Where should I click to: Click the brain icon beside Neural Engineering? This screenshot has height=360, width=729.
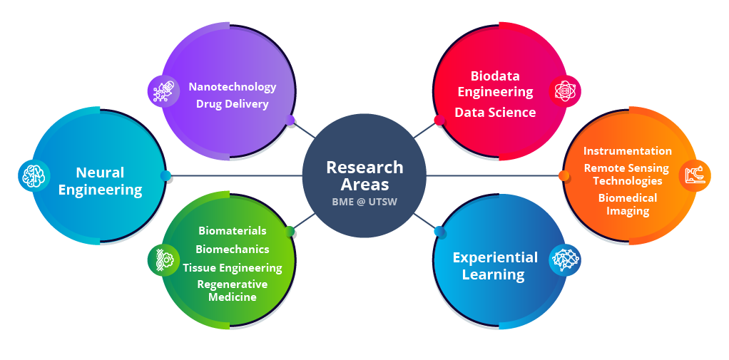click(34, 175)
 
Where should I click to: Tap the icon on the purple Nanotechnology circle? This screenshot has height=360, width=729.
click(163, 91)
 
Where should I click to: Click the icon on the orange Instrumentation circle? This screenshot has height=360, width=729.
click(694, 175)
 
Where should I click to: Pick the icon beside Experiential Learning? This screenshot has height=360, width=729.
click(564, 260)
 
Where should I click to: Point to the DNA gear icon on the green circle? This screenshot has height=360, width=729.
click(163, 260)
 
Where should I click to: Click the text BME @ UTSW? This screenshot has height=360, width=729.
click(364, 202)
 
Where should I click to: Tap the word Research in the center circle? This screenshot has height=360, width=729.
click(364, 168)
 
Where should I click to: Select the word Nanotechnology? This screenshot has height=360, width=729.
click(233, 87)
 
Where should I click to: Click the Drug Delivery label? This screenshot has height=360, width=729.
click(233, 104)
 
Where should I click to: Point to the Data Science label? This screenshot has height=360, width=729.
click(495, 112)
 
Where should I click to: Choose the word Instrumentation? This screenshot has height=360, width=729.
click(628, 151)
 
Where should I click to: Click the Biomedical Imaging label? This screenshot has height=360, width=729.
click(628, 204)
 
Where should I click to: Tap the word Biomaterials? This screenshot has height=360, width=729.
click(233, 231)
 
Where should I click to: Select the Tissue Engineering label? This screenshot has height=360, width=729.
click(233, 268)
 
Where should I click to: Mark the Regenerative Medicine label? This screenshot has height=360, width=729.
click(233, 290)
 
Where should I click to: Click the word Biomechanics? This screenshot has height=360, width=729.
click(233, 250)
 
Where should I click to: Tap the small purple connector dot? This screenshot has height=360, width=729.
click(290, 120)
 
